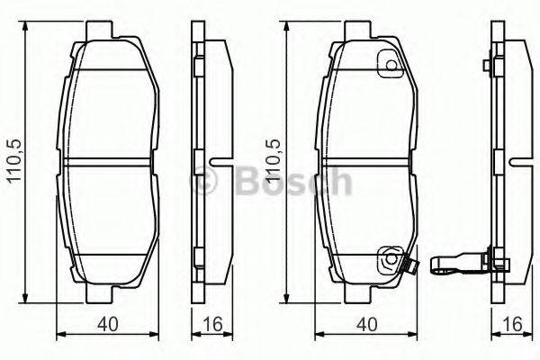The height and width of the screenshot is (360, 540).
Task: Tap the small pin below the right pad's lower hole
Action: (x=407, y=267)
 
